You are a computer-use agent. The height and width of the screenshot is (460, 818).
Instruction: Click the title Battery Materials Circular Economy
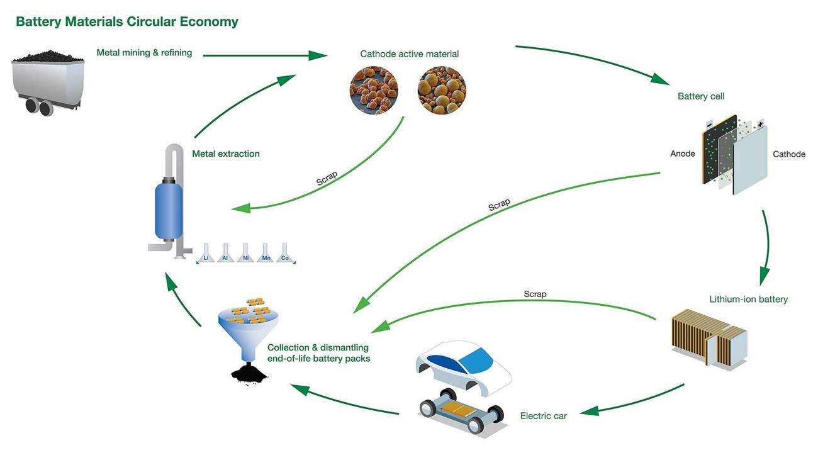(x=126, y=22)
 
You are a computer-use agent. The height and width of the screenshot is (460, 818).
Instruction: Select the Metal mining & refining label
(x=144, y=53)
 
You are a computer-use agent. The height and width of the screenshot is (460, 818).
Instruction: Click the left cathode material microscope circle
(x=374, y=90)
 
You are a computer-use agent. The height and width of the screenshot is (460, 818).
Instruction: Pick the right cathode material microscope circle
(x=442, y=90)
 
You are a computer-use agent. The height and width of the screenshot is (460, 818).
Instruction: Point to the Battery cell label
(x=701, y=96)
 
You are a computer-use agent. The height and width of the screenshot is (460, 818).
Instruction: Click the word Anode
(x=683, y=154)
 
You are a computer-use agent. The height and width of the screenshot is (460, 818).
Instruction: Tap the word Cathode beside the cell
(x=789, y=154)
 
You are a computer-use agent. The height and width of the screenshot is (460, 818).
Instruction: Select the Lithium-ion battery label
(x=748, y=300)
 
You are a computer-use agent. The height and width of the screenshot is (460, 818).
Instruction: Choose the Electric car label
(x=544, y=416)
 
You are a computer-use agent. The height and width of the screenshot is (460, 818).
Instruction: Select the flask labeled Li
(x=206, y=255)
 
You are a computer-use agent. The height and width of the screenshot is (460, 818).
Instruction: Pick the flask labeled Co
(x=285, y=255)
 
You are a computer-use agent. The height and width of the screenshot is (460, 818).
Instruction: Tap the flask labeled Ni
(x=245, y=255)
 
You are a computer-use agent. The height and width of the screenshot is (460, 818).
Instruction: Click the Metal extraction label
(x=226, y=154)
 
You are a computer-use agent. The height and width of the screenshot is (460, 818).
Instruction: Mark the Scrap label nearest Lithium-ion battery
(x=535, y=294)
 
